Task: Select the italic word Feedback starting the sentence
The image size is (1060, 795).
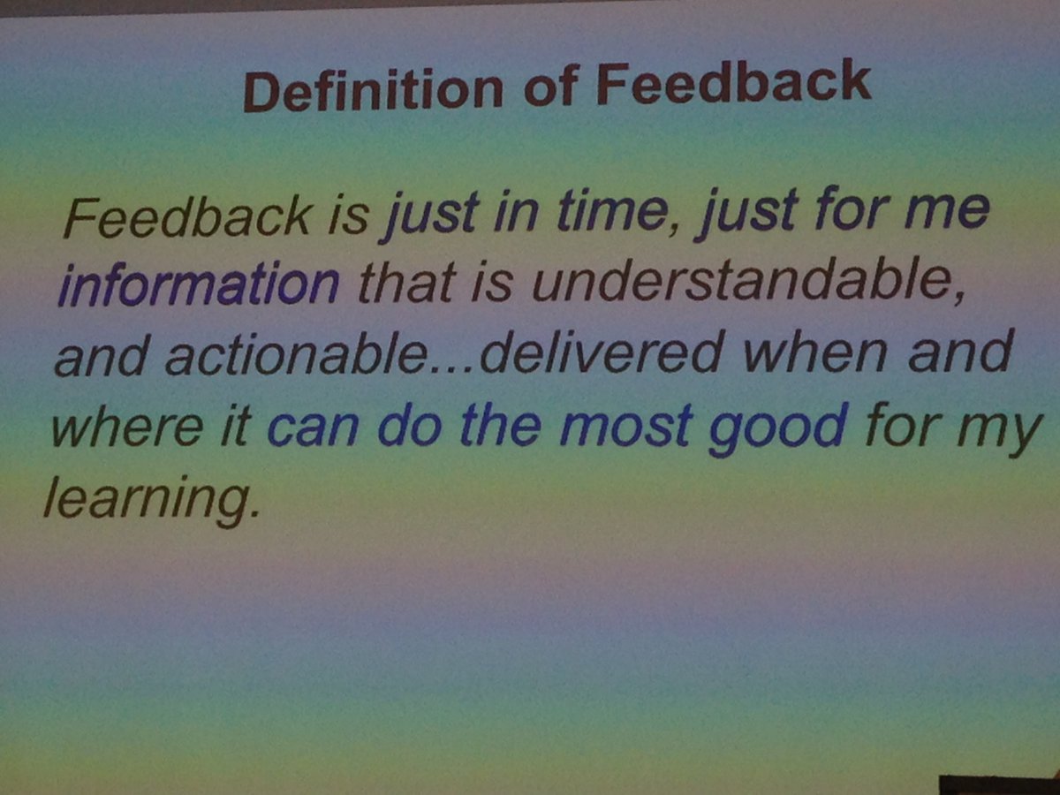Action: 187,216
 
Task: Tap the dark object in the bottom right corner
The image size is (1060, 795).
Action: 998,784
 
